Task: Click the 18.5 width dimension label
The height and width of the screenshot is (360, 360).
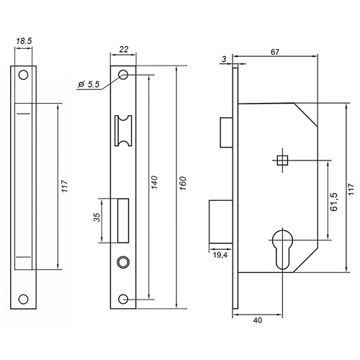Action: [x=24, y=41]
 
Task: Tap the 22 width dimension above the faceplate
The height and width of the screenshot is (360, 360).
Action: [x=124, y=50]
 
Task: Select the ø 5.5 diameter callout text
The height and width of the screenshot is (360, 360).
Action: [x=89, y=84]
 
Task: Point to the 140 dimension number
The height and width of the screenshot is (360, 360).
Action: [x=154, y=182]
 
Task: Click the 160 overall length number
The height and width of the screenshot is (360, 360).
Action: [x=183, y=184]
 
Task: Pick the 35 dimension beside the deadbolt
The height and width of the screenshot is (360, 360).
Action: [x=96, y=217]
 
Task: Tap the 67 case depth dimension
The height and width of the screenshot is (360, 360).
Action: [x=275, y=52]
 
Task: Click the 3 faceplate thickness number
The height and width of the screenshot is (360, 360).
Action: [x=224, y=59]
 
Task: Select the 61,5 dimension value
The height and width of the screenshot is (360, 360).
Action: [x=333, y=202]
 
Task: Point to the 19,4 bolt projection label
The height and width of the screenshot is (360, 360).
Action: [x=220, y=255]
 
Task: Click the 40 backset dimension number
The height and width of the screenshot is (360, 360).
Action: [x=258, y=320]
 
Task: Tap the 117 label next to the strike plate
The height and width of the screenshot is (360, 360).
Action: [x=65, y=186]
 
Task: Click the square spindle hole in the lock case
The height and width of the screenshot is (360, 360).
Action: [x=282, y=161]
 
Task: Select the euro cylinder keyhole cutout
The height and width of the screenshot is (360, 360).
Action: [x=282, y=250]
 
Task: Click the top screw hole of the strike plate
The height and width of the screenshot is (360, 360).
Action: [x=24, y=75]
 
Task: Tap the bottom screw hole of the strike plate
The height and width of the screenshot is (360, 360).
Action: [x=24, y=300]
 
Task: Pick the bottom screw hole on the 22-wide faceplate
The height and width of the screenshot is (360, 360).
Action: [x=123, y=299]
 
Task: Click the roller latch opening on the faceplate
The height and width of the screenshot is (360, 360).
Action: [x=123, y=131]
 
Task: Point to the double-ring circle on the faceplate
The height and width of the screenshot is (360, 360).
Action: [x=123, y=262]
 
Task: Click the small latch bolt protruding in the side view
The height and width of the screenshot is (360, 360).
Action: [x=227, y=132]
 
